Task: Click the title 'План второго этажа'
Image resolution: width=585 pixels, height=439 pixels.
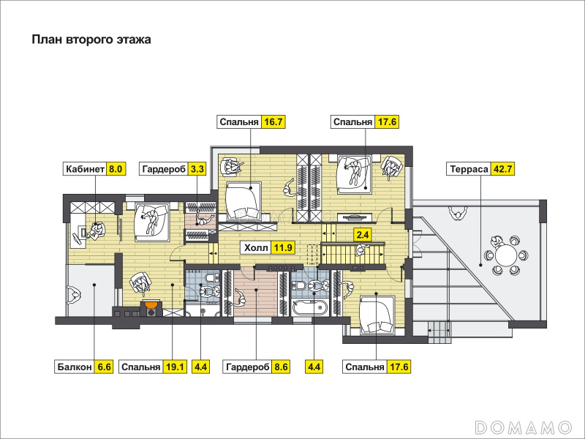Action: point(91,40)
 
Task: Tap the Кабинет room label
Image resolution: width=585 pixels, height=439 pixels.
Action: point(85,169)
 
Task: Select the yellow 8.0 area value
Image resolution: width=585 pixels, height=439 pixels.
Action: point(116,169)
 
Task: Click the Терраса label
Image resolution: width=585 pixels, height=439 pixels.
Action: point(469,169)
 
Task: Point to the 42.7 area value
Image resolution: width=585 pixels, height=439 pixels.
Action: point(502,169)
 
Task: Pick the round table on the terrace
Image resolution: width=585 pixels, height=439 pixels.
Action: point(505,255)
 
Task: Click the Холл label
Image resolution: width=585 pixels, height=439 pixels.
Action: point(256,247)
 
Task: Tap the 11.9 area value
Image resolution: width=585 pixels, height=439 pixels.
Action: point(283,247)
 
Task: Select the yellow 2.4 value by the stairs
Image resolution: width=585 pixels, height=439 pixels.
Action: point(363,235)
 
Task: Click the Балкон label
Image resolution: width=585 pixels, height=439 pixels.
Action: point(75,367)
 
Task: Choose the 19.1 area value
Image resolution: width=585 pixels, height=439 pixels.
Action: point(175,367)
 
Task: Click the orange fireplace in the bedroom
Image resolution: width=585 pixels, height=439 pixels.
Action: point(151,306)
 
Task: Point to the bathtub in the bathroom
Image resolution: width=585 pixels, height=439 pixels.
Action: point(310,308)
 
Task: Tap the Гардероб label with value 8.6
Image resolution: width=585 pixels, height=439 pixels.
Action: point(248,367)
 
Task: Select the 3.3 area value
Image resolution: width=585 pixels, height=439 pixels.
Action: point(197,169)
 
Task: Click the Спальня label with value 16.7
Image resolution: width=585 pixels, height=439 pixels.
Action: point(239,122)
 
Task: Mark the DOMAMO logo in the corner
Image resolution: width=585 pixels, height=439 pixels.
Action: point(524,427)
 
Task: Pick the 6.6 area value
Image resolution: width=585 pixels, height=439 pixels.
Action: point(104,367)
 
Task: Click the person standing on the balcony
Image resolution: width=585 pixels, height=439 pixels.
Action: point(74,296)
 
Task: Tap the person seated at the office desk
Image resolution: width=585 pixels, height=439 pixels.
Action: point(96,230)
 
